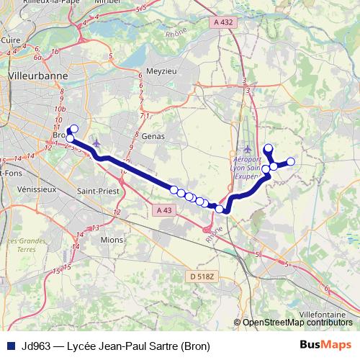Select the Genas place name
(x=153, y=135)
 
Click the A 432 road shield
(x=223, y=23)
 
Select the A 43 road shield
(x=163, y=210)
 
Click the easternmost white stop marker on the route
(x=291, y=162)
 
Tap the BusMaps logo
(x=325, y=346)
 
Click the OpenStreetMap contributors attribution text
(x=296, y=323)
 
